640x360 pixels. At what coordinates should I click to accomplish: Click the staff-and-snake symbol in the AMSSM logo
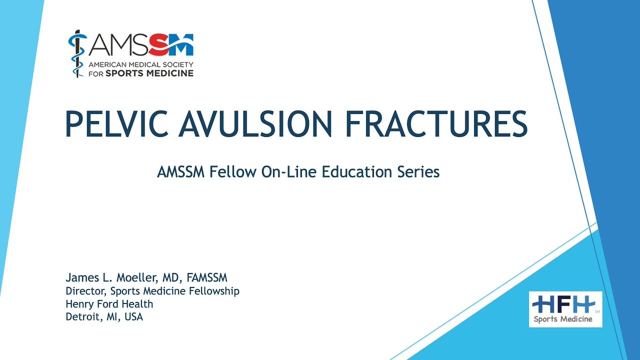(x=76, y=54)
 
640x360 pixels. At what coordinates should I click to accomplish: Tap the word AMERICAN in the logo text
(x=106, y=65)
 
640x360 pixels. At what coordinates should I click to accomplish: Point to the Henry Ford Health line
(x=109, y=304)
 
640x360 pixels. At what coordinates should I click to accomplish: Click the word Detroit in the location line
(x=82, y=317)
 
